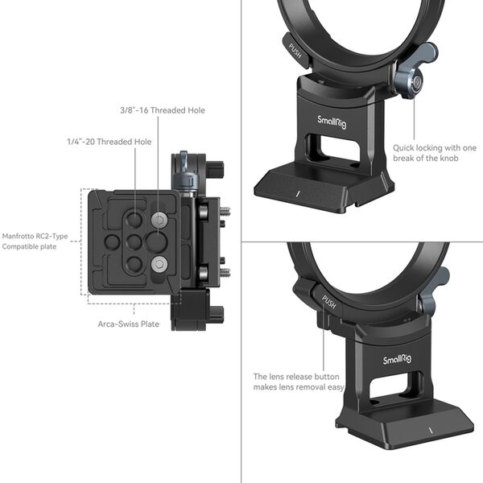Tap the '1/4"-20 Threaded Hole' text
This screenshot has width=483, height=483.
click(109, 142)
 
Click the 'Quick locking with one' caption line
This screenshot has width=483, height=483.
click(435, 147)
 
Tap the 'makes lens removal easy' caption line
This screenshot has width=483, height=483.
click(299, 387)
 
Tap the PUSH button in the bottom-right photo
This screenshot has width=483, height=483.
click(329, 303)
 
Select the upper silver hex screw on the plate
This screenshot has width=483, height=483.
click(159, 220)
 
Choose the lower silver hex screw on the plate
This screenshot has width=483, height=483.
click(159, 262)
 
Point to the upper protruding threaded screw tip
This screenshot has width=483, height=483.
click(225, 213)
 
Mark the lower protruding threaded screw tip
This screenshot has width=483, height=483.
click(225, 272)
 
